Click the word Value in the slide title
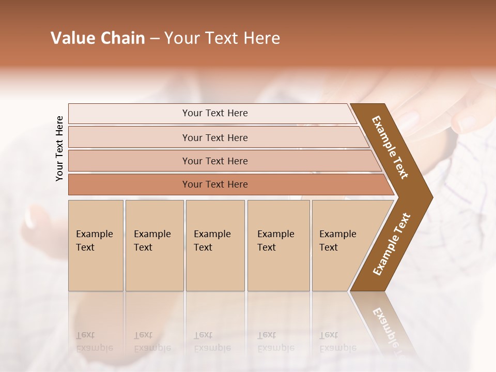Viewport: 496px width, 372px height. pos(72,38)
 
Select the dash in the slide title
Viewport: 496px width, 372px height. pos(154,39)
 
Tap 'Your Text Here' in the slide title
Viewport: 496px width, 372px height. pos(222,38)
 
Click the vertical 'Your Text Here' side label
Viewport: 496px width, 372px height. pos(59,149)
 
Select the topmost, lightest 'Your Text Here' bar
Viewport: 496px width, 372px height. pos(215,113)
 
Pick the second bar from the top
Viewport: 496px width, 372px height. pos(215,137)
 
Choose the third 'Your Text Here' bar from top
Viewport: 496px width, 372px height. pos(215,161)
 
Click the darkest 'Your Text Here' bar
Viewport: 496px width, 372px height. pos(215,184)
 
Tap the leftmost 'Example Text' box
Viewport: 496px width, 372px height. pos(96,245)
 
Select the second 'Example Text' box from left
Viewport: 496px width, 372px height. pos(154,245)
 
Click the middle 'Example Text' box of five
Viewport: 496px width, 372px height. pos(215,245)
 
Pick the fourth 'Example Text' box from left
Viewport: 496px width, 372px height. pos(278,245)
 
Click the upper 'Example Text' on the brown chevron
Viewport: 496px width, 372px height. pos(390,147)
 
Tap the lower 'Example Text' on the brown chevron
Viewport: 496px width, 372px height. pos(391,244)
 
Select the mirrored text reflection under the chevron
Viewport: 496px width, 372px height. pos(385,326)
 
